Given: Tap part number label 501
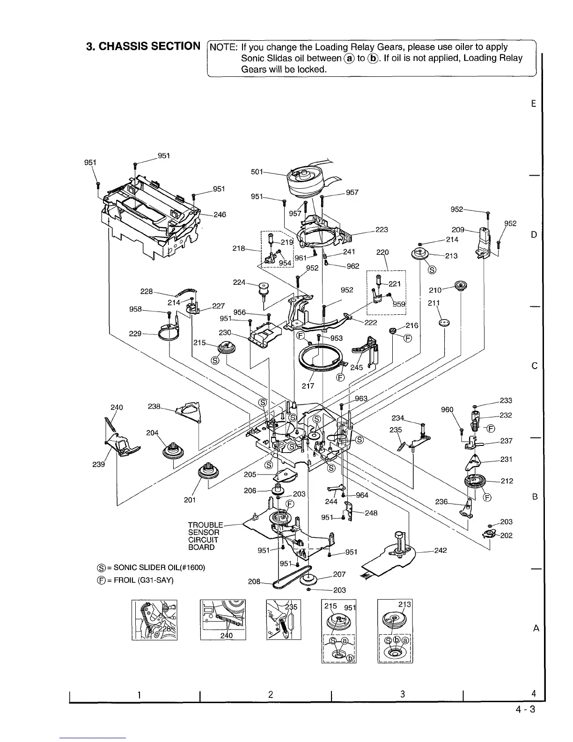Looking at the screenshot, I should (x=257, y=172).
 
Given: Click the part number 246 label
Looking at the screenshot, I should (x=220, y=215).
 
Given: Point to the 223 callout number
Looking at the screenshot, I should (x=382, y=230).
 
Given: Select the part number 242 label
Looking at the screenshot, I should (x=441, y=550).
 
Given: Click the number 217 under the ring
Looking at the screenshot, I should (x=308, y=386).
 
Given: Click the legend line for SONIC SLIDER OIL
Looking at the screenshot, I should (x=150, y=568).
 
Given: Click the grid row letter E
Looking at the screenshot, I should (x=534, y=104).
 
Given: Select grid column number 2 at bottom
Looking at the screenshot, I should (x=271, y=695).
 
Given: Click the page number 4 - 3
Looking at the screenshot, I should (x=525, y=709).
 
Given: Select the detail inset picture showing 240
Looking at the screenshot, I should (x=223, y=619).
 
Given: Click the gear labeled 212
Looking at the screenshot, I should (x=477, y=482).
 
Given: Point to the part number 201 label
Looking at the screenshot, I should (x=190, y=500).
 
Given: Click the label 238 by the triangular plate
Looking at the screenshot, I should (x=154, y=407).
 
